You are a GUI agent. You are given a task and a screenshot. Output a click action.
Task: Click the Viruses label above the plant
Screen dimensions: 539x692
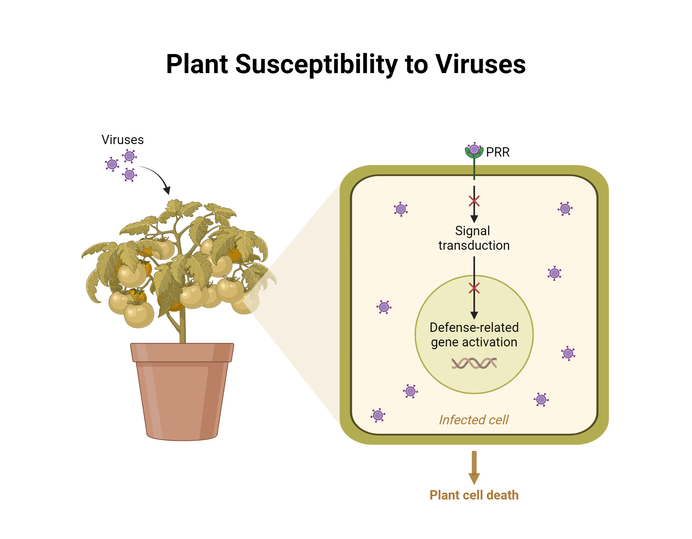(122, 140)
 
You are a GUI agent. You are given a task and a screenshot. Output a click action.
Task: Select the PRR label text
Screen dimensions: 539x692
(498, 152)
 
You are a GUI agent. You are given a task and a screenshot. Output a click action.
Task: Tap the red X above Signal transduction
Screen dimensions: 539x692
(474, 201)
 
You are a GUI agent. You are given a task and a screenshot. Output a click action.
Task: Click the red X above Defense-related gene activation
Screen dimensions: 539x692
(474, 288)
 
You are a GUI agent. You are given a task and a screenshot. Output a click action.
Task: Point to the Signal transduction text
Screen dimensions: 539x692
(474, 238)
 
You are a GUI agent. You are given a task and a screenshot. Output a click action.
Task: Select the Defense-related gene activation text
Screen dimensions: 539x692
(474, 335)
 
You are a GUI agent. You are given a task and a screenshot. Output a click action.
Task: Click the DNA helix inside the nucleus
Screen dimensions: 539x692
(474, 363)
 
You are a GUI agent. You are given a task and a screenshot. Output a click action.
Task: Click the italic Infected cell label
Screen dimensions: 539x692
(474, 420)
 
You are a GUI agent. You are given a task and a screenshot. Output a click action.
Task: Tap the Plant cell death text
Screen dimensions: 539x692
(474, 495)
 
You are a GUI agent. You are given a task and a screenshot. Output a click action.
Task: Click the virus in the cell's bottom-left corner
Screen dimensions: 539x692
(378, 415)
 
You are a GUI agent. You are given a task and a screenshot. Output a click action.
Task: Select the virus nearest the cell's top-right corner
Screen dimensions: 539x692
(565, 209)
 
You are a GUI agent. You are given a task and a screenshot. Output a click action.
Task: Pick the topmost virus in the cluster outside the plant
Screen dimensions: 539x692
(129, 156)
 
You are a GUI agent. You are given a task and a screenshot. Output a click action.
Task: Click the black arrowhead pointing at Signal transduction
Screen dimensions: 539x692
(474, 219)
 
